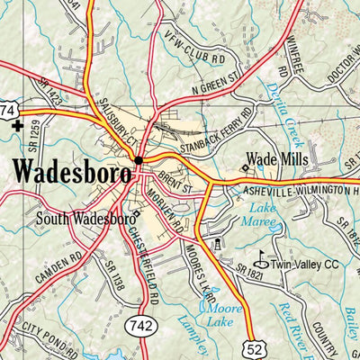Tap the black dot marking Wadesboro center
(139, 161)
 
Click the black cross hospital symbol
(16, 126)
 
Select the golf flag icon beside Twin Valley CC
(262, 256)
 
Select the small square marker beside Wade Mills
(243, 166)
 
